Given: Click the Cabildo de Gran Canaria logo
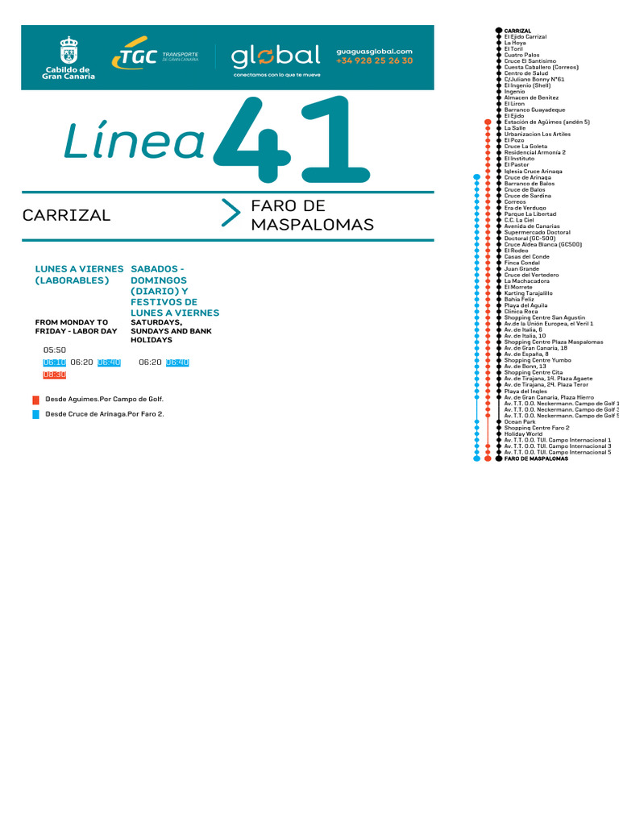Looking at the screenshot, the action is click(x=69, y=58).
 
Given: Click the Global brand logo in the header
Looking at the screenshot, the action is click(x=276, y=58).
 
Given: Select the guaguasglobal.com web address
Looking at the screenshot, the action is click(x=374, y=51).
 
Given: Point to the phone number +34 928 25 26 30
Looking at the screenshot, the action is click(x=374, y=61).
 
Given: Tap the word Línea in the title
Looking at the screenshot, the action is click(x=134, y=141).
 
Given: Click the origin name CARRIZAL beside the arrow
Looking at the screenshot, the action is click(x=67, y=216).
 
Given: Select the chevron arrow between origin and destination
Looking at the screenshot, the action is click(x=231, y=213).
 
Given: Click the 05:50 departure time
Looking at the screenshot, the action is click(x=55, y=350).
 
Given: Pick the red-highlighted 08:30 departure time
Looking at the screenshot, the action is click(x=54, y=375).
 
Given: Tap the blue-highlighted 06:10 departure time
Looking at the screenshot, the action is click(x=54, y=363).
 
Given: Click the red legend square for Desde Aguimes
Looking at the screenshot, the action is click(x=35, y=400).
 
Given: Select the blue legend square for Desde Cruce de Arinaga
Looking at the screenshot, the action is click(x=35, y=414).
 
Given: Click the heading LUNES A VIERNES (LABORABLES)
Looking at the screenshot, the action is click(x=79, y=274).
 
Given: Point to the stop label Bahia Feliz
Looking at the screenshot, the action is click(x=519, y=300).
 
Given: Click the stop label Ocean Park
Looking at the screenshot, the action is click(x=519, y=421).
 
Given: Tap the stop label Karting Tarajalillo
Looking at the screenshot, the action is click(x=528, y=293).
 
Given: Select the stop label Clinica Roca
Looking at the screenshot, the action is click(x=521, y=312).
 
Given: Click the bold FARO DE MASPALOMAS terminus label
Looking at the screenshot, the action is click(x=536, y=458).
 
